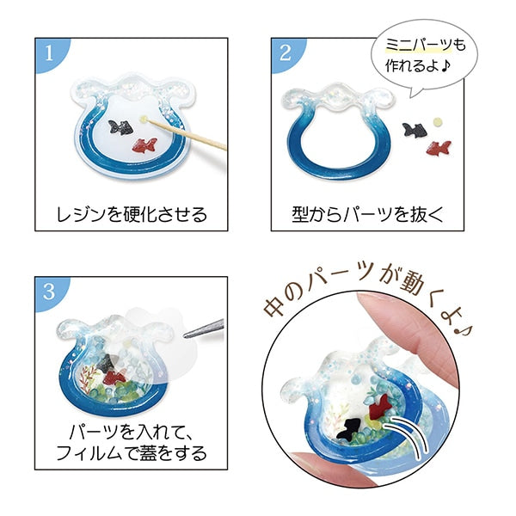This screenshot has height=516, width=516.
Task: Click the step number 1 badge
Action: point(49,52)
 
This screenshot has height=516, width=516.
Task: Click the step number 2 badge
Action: point(286,52)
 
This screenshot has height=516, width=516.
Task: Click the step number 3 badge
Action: point(49,291)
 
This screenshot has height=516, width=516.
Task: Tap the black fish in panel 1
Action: point(121,127)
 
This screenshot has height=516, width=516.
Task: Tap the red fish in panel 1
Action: point(144,145)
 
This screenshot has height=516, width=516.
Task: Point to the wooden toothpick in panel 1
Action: point(185,135)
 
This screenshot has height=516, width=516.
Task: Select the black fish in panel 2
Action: point(415,130)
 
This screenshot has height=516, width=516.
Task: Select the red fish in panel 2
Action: point(439,148)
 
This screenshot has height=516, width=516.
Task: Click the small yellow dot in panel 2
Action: point(438,122)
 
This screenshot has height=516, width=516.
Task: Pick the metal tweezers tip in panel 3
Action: point(185,335)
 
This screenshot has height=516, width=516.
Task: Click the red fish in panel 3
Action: point(114,378)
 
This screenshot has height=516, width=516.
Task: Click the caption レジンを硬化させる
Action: point(132,214)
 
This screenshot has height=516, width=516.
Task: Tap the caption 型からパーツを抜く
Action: point(367,214)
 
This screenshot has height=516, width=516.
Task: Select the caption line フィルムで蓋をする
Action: point(132,452)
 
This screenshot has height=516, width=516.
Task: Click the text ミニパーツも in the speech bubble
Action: point(426,45)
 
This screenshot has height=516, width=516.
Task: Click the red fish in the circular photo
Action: point(381,407)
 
